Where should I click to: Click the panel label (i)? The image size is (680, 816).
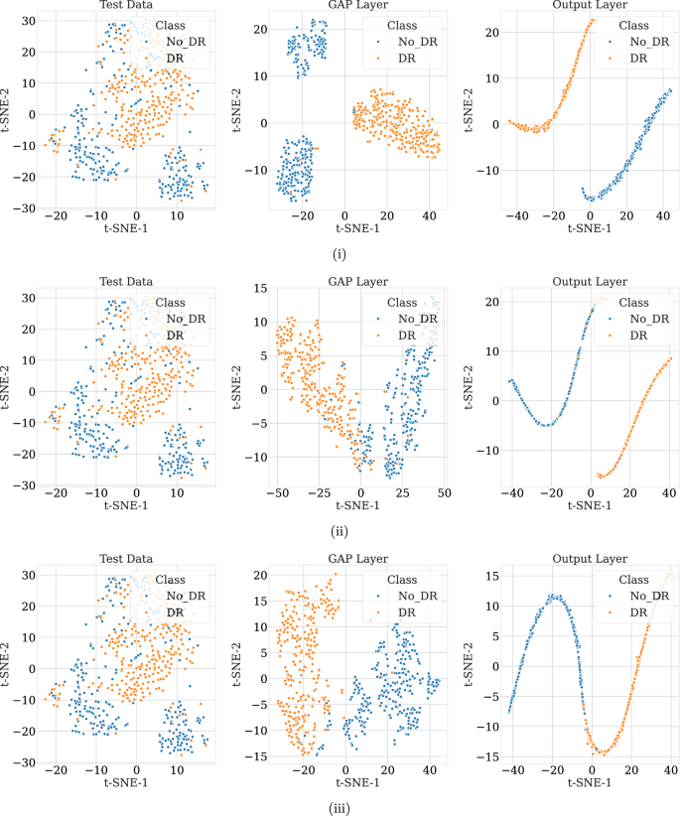point(340,255)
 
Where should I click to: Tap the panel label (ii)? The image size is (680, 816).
point(340,531)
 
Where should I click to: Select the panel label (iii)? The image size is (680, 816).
point(340,807)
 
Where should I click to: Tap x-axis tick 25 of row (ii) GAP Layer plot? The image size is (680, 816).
point(403,492)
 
